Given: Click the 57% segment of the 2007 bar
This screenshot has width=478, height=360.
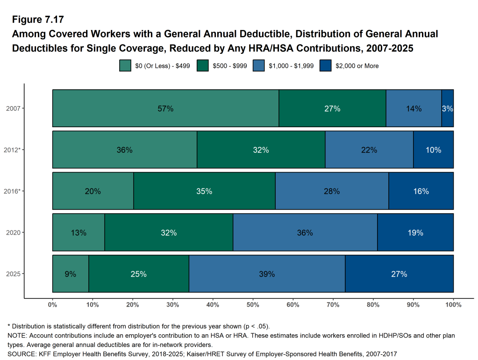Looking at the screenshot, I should coord(165,108).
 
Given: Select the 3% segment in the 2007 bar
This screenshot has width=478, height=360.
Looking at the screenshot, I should coord(448,108).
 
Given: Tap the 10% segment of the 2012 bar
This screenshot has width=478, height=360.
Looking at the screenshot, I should coord(433,150).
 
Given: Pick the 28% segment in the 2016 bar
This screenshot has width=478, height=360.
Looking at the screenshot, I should coord(332,191).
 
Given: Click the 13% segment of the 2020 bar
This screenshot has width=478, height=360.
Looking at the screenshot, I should coord(78,232).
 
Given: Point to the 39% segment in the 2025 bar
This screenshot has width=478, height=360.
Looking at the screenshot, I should coord(266,274).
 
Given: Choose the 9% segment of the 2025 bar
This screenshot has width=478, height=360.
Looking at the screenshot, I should coord(71,274).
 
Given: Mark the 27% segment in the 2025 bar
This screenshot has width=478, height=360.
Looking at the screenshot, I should coord(399,274).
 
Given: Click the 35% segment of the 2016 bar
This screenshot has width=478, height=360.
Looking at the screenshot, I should coord(204,191).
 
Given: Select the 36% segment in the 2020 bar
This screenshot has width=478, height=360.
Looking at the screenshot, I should coord(305,232).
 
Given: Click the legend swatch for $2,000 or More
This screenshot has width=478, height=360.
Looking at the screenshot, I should coord(325,66).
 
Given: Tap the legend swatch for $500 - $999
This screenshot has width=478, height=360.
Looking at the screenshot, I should coord(202,66).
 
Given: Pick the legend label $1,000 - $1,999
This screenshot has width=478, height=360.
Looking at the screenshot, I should coord(291,66).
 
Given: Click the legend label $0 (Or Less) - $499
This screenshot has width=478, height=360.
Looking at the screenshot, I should coord(162,66).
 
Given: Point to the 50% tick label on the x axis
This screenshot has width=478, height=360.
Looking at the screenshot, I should coord(253,305).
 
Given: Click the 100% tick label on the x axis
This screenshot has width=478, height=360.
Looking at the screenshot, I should coord(453,305).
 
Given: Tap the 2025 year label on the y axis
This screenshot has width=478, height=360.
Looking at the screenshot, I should coord(13,274).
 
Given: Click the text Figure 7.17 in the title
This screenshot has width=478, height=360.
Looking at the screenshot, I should coord(37,20).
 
